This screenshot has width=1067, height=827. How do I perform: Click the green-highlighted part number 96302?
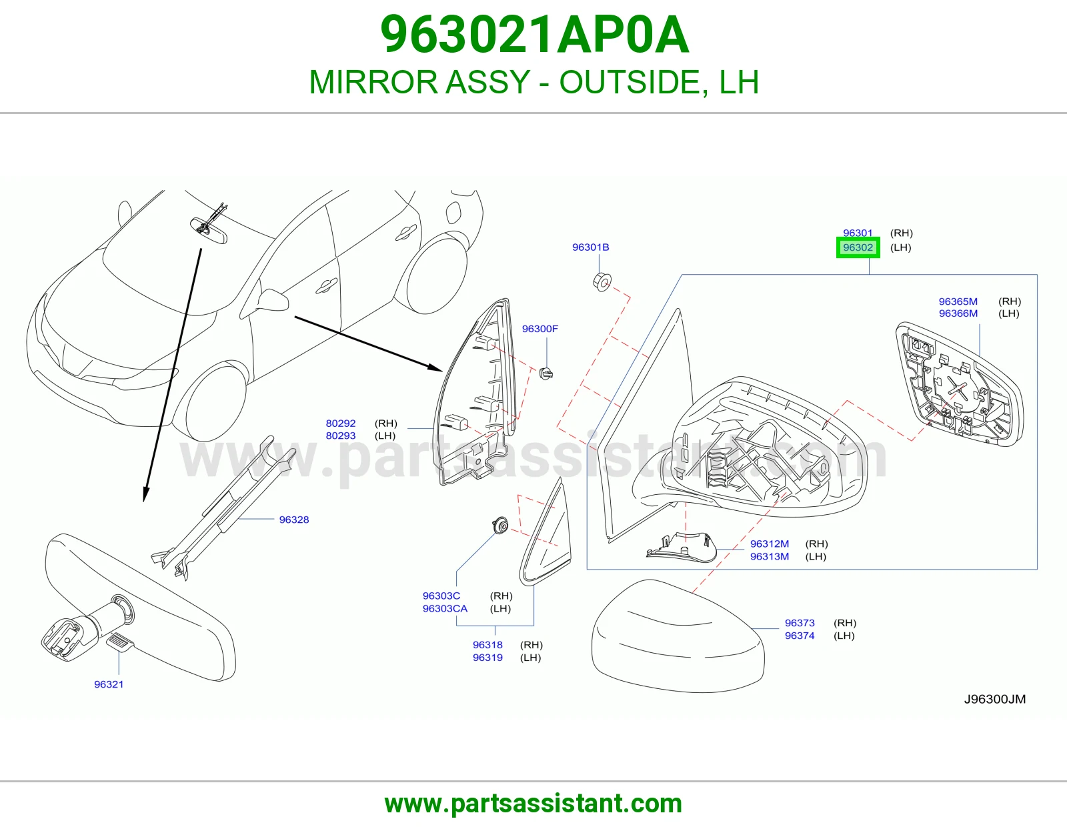coord(858,247)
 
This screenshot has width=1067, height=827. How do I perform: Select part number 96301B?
coord(590,247)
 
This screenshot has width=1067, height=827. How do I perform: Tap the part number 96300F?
coord(540,329)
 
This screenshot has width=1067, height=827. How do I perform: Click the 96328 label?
coord(293,520)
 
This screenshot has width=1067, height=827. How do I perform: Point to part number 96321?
coord(109,684)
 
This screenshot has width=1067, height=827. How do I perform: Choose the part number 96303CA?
coord(445,608)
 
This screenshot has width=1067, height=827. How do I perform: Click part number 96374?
coord(800,636)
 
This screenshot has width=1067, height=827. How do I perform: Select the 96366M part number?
coord(958,313)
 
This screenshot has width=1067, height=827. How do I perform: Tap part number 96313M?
coord(770,556)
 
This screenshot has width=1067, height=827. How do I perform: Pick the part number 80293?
coord(340,436)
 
